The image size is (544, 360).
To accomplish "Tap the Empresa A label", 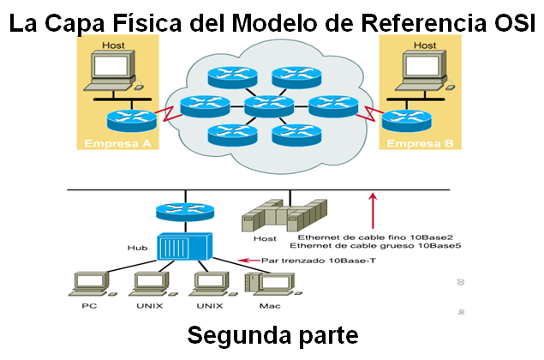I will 117,143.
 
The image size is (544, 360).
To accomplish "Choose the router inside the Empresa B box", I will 404,119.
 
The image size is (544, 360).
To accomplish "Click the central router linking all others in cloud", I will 267,106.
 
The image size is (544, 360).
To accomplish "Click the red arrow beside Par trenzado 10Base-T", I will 248,259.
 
